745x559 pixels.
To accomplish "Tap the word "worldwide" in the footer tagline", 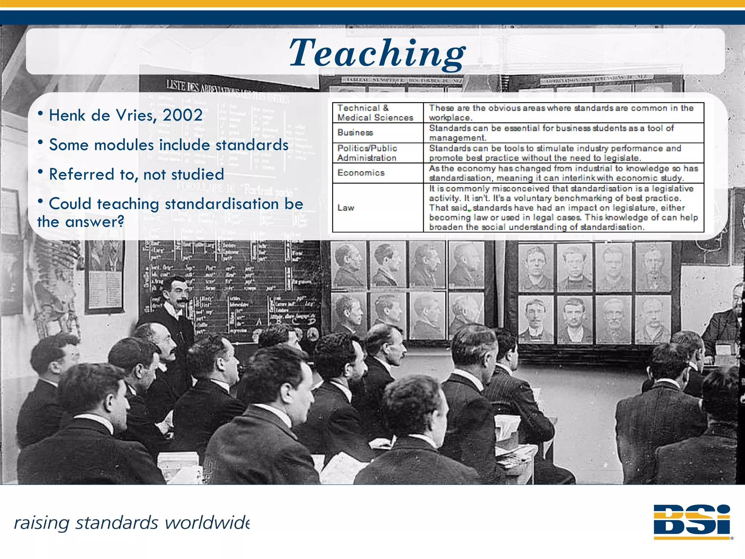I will (207, 523).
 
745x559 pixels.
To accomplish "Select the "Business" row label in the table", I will (355, 132).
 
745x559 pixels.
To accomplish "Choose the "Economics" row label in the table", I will (361, 173).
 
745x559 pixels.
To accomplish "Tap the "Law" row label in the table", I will (346, 208).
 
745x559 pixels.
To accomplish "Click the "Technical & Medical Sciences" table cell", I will (375, 113).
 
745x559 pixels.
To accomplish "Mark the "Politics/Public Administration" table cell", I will (367, 153).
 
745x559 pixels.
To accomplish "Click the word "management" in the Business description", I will (457, 138).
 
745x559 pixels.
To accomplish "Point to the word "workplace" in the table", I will (450, 118).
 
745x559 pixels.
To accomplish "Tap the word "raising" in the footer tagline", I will (41, 523).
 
